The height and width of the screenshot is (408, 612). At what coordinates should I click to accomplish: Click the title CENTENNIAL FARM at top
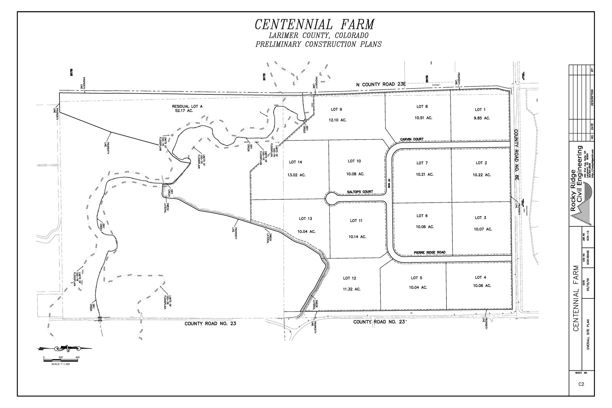coord(314,25)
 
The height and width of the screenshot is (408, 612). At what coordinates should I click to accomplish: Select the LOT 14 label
coord(296,162)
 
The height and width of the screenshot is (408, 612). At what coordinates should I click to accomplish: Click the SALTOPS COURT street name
coord(360,192)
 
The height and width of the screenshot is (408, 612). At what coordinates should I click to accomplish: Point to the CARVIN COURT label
coord(412,139)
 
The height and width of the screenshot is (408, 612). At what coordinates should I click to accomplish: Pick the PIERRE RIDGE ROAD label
coord(429,252)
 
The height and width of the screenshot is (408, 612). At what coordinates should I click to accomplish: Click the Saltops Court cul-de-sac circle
coord(331,198)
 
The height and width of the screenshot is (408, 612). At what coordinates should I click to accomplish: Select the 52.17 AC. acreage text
coord(184,111)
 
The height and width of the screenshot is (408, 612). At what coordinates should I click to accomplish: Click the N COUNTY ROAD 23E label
coord(381,85)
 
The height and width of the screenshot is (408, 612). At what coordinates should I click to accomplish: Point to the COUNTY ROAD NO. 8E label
coord(517,158)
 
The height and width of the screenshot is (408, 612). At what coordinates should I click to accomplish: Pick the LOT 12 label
coord(349,278)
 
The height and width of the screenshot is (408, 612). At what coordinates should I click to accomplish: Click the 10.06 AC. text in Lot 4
coord(482,285)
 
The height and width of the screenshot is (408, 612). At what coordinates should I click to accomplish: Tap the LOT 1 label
coord(480,110)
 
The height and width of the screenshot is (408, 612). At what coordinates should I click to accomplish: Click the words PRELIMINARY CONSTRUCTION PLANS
coord(318,45)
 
